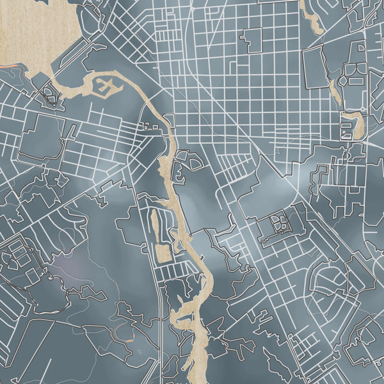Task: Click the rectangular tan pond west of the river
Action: (x=163, y=253)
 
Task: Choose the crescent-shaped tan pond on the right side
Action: (x=355, y=125)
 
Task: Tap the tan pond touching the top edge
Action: (x=311, y=16)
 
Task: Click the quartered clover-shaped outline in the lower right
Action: (x=280, y=223)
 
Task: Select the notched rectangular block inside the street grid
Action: (x=252, y=40)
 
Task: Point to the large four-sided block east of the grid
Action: (x=315, y=67)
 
